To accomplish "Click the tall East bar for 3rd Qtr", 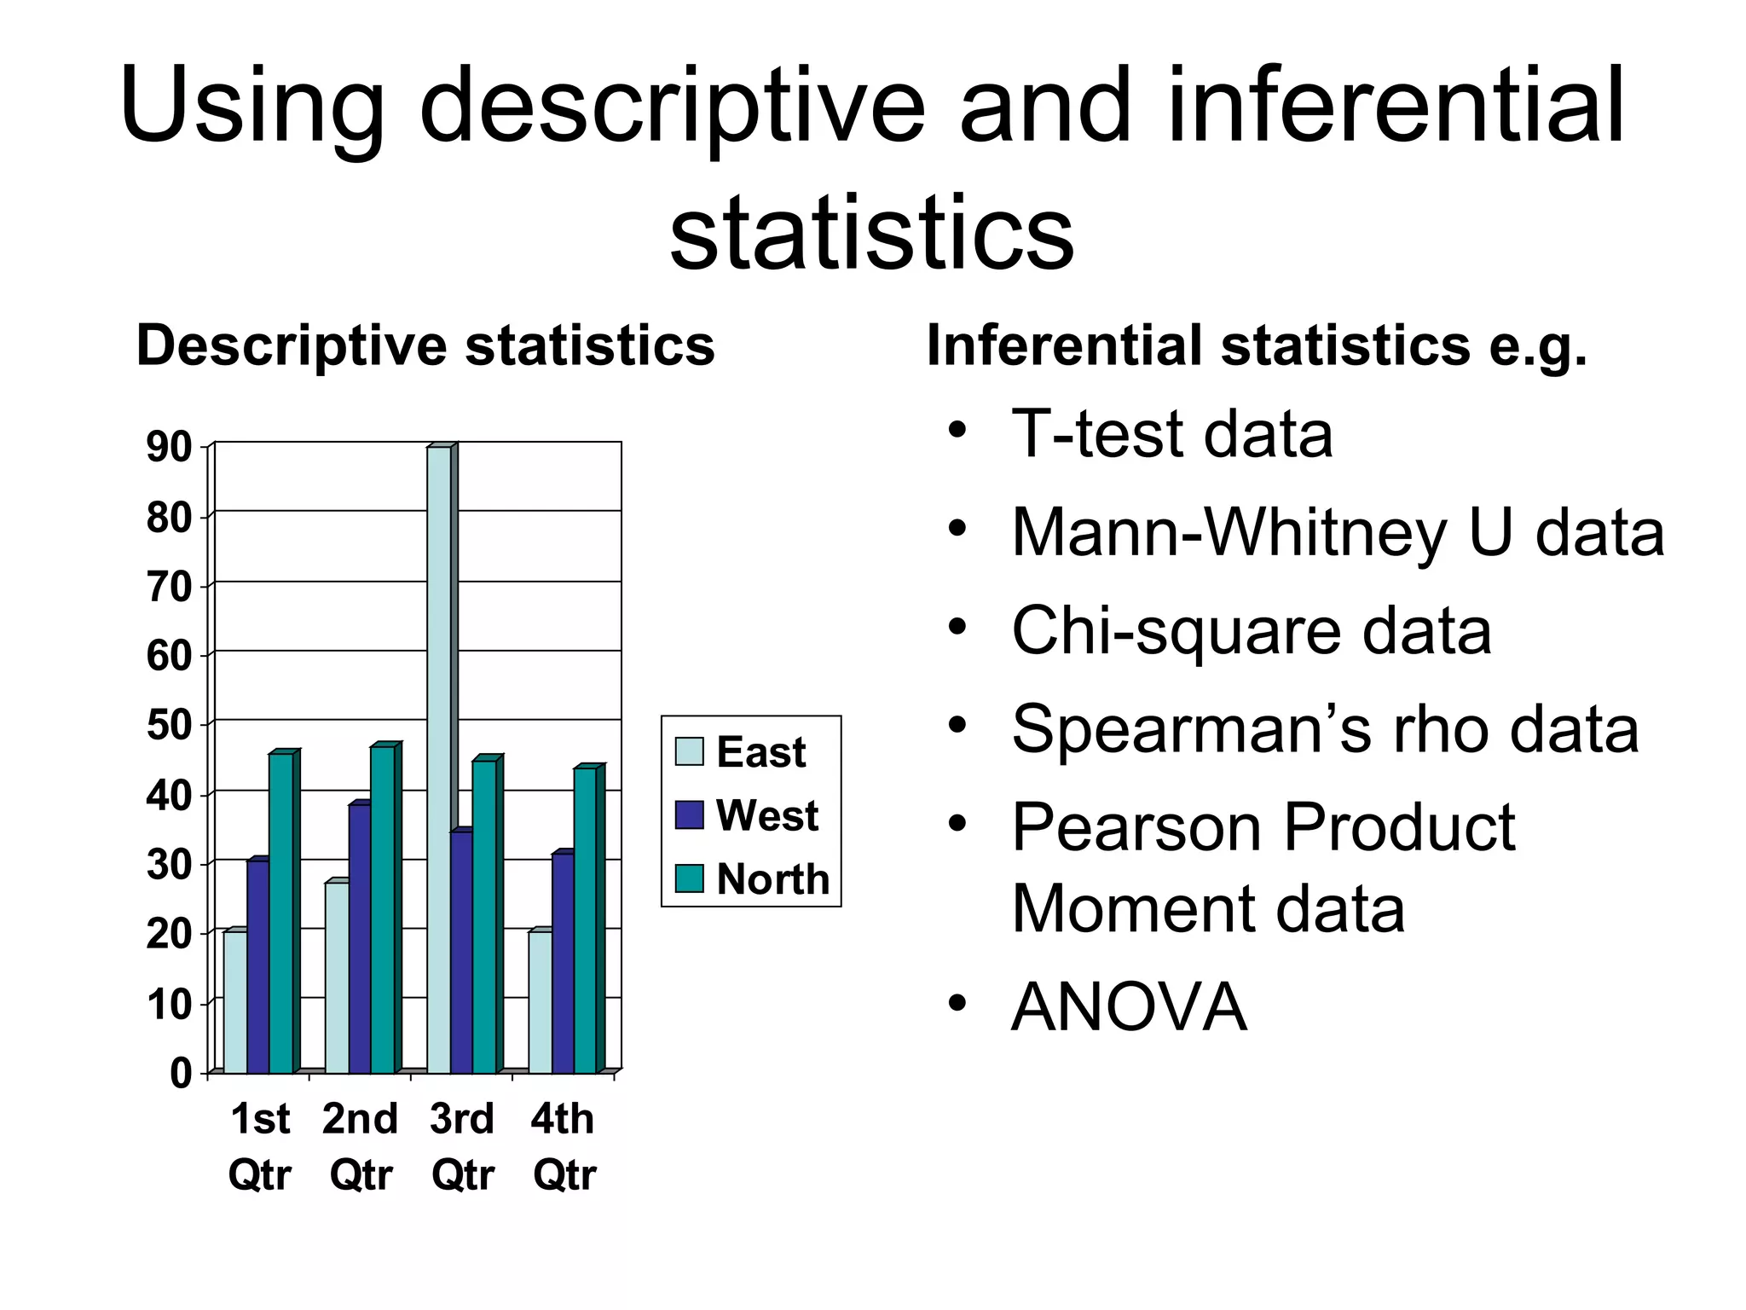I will (x=438, y=759).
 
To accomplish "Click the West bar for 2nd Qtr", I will (x=359, y=938).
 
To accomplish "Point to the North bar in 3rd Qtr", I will (x=483, y=916).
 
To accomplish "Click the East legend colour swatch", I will (x=689, y=751).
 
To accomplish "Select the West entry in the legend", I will (x=766, y=815).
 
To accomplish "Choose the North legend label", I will (x=772, y=878).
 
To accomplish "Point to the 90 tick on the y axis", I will (x=169, y=447).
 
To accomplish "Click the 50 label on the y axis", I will (x=169, y=726).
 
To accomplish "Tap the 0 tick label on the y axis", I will (x=181, y=1073).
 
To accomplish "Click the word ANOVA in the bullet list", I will (x=1128, y=1006).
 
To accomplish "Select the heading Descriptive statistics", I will (x=425, y=345).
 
